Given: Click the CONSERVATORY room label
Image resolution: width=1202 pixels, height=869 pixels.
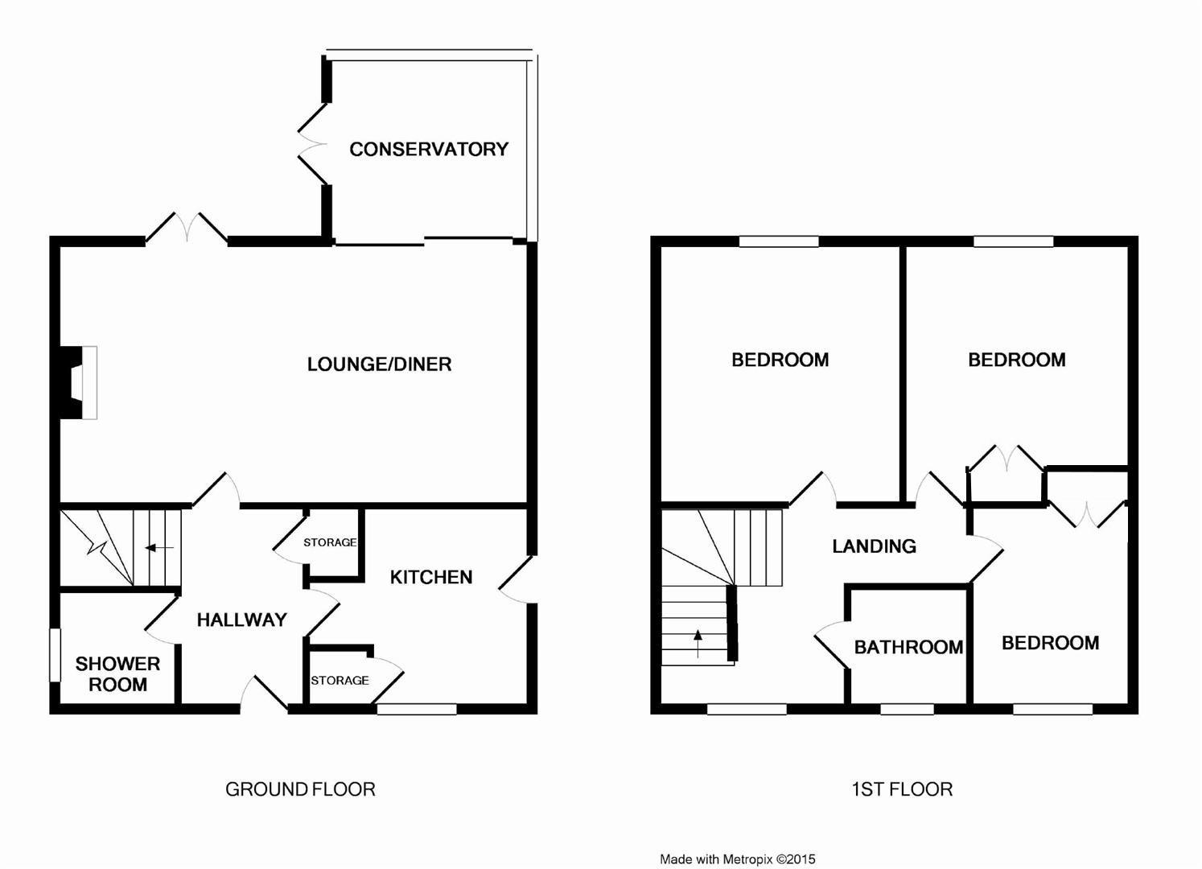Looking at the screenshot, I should [x=428, y=149].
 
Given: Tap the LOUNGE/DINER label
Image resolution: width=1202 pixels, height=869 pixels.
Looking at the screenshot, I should [x=379, y=364].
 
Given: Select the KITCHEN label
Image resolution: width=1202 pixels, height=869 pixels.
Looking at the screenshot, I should [x=430, y=577].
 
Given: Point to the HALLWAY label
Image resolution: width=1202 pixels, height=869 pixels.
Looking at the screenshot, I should [x=241, y=620].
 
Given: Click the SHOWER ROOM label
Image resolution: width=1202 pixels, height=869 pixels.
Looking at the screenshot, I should [x=117, y=674].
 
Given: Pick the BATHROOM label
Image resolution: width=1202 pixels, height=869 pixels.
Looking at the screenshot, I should [x=908, y=647].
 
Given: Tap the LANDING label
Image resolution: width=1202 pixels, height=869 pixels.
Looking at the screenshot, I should [x=874, y=546].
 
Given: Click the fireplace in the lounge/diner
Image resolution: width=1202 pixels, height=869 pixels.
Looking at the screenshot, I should [x=77, y=382].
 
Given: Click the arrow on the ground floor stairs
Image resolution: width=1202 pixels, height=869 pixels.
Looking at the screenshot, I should [x=159, y=548].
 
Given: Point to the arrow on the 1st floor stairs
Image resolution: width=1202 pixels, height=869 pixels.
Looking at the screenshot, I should [x=698, y=640].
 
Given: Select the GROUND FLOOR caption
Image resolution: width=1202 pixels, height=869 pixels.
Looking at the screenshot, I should [x=300, y=789].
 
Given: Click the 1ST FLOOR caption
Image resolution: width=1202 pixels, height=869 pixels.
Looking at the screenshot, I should [x=902, y=789].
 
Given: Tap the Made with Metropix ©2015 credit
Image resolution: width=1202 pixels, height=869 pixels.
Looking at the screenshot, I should [x=737, y=859].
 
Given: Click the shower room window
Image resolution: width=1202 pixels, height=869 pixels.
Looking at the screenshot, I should [x=55, y=654].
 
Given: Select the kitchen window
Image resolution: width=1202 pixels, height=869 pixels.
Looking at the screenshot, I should [x=417, y=709].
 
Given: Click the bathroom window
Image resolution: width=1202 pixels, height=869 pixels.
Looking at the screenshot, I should [x=907, y=709].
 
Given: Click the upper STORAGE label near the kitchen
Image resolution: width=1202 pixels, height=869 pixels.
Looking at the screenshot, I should [x=330, y=542].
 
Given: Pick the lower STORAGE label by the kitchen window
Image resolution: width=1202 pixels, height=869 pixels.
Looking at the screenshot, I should [x=340, y=680].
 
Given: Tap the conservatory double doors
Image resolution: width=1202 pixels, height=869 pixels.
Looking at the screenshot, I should [x=314, y=145].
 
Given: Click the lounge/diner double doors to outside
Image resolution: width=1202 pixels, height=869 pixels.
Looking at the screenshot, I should [x=187, y=227].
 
